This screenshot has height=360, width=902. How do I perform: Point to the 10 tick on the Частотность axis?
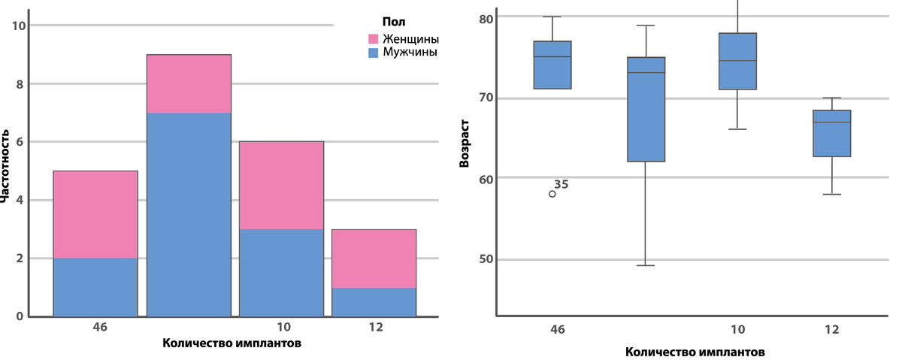point(20,26)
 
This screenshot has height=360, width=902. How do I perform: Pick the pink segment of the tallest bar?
point(189,83)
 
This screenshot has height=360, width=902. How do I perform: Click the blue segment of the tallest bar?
point(189,214)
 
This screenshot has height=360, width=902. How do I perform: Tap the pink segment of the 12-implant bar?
point(374,258)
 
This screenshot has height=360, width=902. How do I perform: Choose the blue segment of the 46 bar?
point(95,286)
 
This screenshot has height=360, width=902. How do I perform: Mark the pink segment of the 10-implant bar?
point(281,185)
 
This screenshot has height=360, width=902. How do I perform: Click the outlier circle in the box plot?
point(552,194)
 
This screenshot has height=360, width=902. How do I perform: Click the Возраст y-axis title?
point(464,141)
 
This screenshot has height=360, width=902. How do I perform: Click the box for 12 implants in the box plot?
point(832,133)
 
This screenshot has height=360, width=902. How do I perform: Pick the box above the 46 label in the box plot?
point(552,65)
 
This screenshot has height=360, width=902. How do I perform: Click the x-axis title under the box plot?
point(695,351)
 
